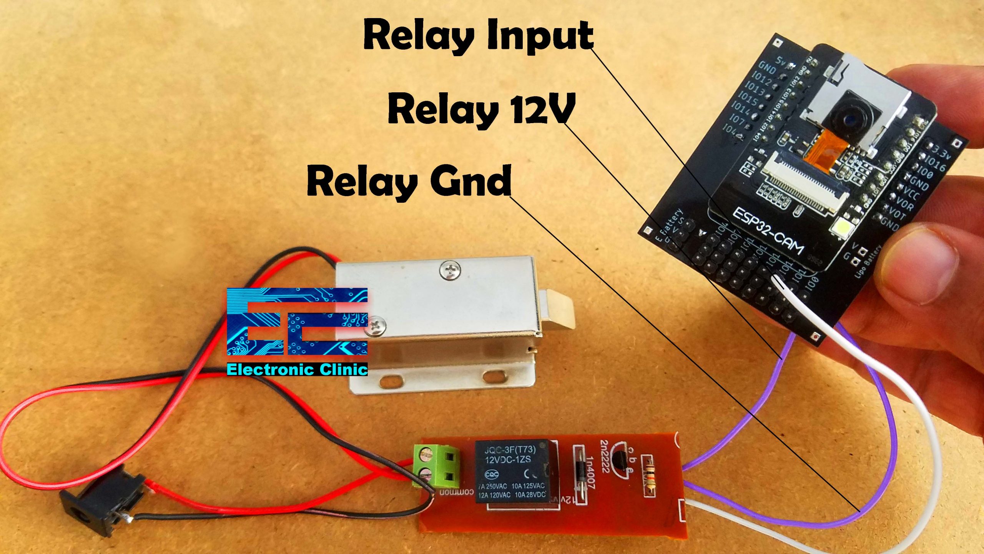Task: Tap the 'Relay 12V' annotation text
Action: (481, 110)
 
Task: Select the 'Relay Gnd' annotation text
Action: (409, 180)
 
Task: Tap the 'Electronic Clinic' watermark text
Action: (297, 370)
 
